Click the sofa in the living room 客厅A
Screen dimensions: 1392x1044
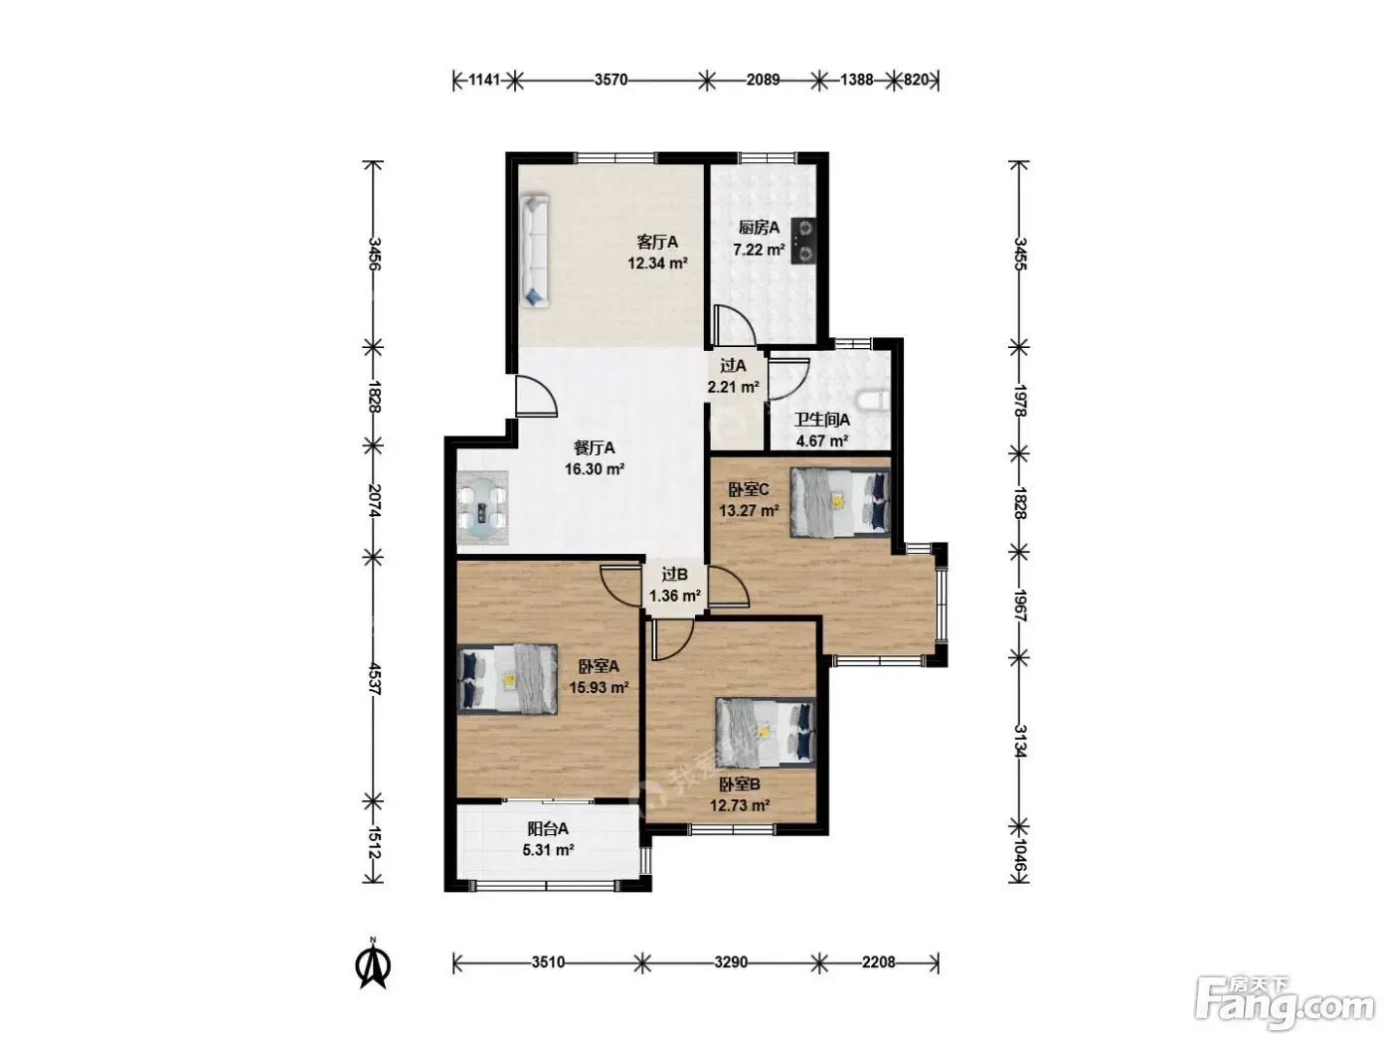534,252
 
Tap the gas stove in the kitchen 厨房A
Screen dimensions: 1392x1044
803,241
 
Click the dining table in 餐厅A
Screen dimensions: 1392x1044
482,508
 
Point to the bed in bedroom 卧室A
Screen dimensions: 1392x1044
507,679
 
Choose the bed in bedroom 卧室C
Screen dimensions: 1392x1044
840,503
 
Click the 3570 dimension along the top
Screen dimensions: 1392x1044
610,80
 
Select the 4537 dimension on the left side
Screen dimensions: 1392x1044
374,679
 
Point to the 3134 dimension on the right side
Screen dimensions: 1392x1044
1019,741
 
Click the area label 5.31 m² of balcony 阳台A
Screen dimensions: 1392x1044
548,849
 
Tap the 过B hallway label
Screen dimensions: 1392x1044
674,575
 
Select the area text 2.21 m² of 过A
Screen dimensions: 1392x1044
734,387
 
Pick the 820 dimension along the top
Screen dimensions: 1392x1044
915,80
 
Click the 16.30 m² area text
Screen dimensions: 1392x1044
595,469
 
